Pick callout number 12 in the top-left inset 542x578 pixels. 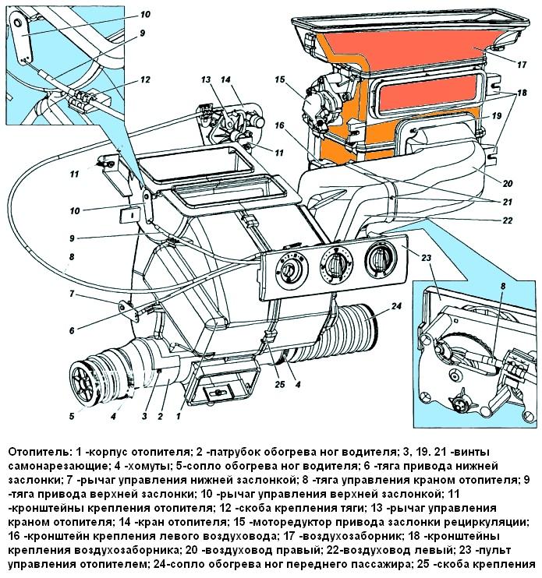(145, 79)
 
